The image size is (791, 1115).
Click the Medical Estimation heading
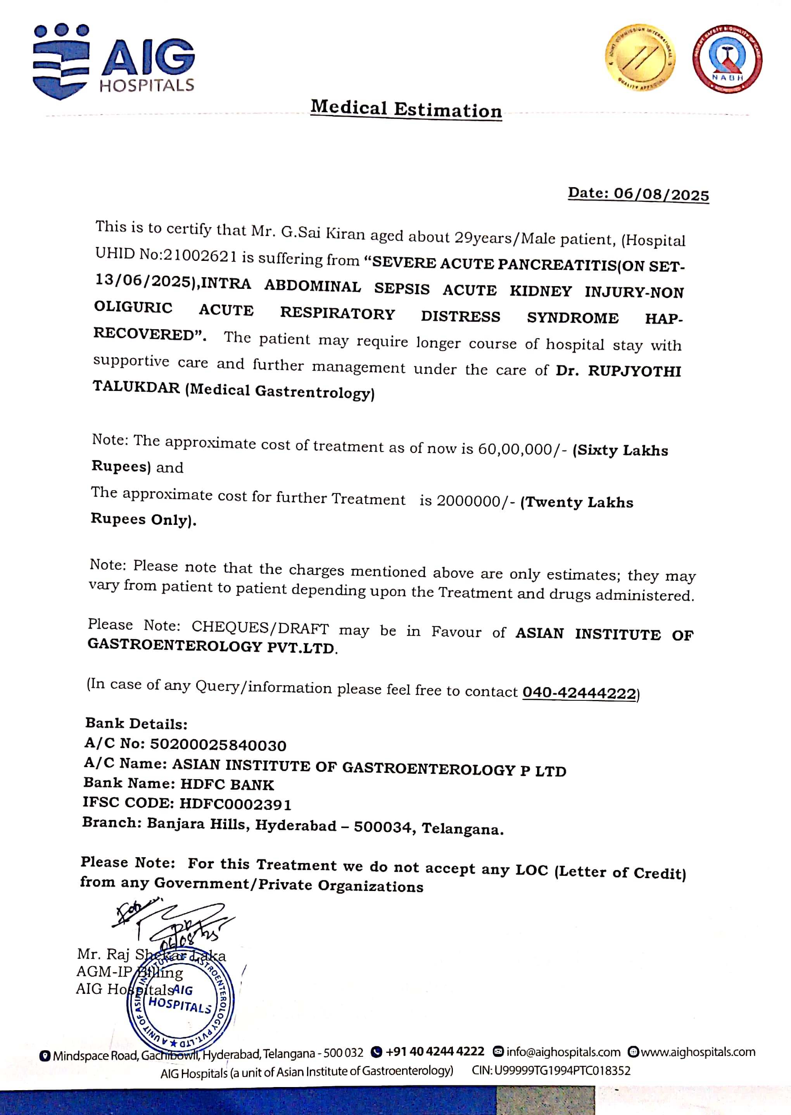click(406, 109)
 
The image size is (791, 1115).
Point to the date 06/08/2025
click(661, 194)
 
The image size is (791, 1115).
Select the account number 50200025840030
click(218, 745)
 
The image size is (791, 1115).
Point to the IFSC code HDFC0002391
click(235, 804)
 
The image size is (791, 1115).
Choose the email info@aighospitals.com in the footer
click(563, 1052)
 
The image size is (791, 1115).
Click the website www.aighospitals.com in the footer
click(698, 1052)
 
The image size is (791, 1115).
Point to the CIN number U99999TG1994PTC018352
click(562, 1071)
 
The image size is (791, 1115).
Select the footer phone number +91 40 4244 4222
click(434, 1052)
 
